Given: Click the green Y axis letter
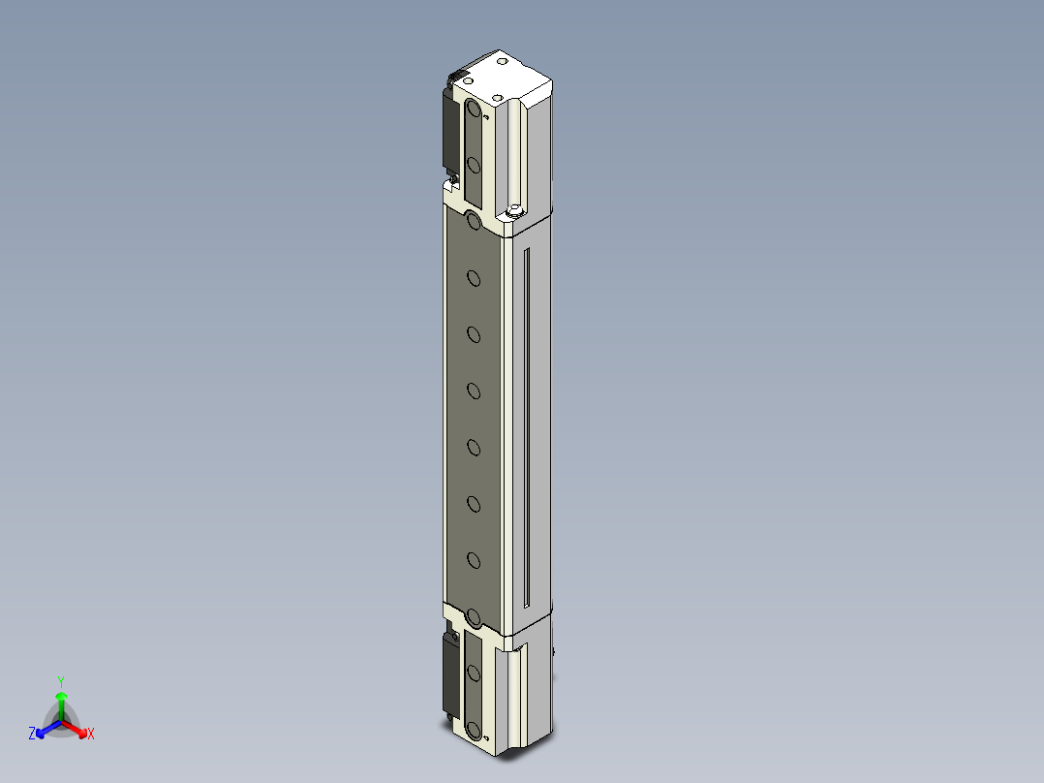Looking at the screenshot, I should [x=61, y=681].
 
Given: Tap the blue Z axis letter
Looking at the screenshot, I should [x=32, y=734].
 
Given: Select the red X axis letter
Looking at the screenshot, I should [x=91, y=735].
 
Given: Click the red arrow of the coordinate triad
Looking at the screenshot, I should [x=77, y=728].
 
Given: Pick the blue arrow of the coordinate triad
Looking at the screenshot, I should [x=45, y=728].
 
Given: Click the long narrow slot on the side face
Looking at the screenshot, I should [x=526, y=426].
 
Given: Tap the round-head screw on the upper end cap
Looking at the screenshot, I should [x=514, y=208].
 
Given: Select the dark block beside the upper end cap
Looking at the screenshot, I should [x=450, y=131].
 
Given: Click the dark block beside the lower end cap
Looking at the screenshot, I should [x=450, y=673].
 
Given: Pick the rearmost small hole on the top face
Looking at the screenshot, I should [x=503, y=61].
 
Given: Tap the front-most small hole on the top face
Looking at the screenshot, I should [x=497, y=98].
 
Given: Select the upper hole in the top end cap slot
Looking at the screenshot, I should [x=474, y=110].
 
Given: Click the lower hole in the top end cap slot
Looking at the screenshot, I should [x=474, y=166].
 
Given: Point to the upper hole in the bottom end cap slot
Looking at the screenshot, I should [x=474, y=672].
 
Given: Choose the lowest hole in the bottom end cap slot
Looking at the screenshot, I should [x=474, y=729].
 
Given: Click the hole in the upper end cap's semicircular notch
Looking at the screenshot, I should [x=474, y=222].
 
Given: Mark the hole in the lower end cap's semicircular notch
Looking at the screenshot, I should [x=474, y=616].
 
